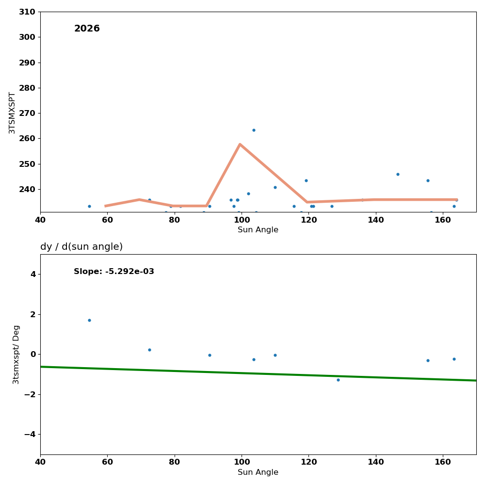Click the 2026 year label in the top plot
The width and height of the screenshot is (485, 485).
[87, 29]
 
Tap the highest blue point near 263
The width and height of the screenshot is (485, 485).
[254, 130]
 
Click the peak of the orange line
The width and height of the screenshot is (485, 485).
[240, 144]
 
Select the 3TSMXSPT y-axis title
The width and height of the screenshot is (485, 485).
[12, 113]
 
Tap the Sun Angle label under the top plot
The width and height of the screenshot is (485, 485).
[258, 230]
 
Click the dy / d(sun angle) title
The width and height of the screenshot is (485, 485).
[81, 247]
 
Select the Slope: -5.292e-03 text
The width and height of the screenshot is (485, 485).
[114, 272]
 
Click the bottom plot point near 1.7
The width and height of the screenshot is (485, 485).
[89, 320]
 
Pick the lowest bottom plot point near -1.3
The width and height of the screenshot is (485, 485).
[338, 380]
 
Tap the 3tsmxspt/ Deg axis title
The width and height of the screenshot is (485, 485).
[16, 355]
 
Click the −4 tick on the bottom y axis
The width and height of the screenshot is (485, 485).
[30, 434]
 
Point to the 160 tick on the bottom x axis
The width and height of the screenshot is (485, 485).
[443, 462]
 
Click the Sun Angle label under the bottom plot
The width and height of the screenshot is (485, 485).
[258, 472]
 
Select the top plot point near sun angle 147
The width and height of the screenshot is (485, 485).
[398, 174]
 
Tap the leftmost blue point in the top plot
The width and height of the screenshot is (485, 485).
[89, 206]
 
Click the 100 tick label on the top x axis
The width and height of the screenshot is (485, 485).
[242, 220]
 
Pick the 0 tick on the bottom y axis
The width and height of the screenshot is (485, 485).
[33, 354]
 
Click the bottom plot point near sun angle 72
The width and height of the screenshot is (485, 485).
[149, 350]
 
